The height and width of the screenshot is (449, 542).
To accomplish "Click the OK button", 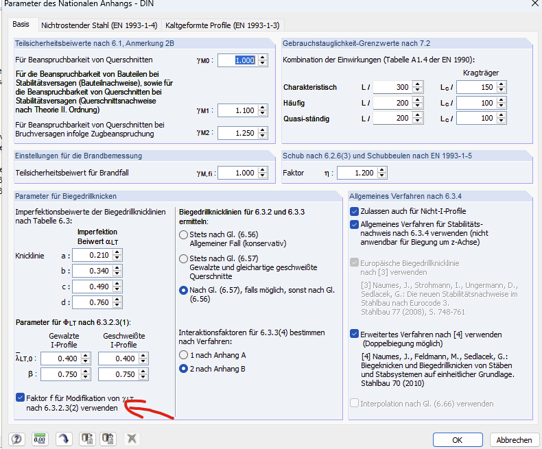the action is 458,439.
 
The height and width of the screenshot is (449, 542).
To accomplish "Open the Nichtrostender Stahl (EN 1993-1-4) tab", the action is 99,25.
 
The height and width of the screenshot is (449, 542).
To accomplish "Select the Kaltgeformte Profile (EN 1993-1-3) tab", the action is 222,25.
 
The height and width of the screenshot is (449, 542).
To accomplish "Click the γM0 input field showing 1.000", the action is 238,60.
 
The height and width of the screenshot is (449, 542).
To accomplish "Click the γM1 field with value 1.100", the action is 238,110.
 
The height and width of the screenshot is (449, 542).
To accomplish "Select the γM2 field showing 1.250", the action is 238,133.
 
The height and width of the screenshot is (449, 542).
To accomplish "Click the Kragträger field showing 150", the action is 476,87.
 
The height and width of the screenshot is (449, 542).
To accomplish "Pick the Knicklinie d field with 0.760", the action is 93,302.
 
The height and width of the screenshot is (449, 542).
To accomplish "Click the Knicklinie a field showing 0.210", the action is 93,255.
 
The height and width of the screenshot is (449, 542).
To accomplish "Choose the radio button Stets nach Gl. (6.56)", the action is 183,235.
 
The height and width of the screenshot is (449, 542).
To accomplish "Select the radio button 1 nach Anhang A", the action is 183,355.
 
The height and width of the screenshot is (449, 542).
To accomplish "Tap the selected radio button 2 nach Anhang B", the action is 183,369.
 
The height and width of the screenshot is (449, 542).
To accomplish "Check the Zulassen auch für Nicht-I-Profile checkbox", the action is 354,211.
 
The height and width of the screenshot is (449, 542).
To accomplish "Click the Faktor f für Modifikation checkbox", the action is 20,398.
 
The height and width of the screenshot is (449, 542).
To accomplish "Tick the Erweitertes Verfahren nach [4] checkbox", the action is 354,334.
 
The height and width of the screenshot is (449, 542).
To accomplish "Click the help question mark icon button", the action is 16,439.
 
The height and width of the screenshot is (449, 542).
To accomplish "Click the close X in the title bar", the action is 534,3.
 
